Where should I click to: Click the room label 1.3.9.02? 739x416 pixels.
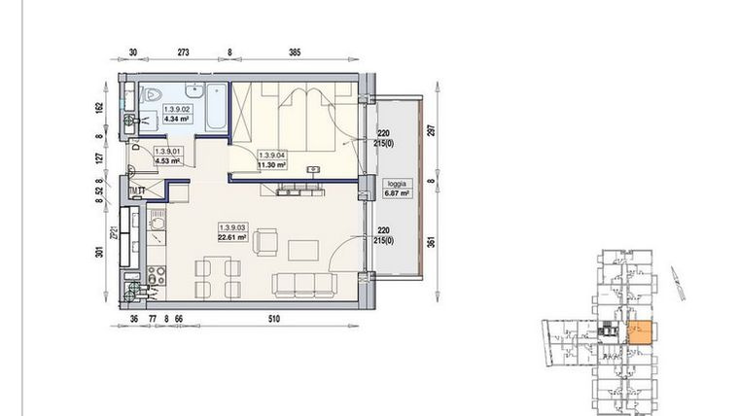tap(176, 110)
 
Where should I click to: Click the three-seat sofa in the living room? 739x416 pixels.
tap(301, 285)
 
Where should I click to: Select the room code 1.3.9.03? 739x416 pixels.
tap(232, 226)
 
